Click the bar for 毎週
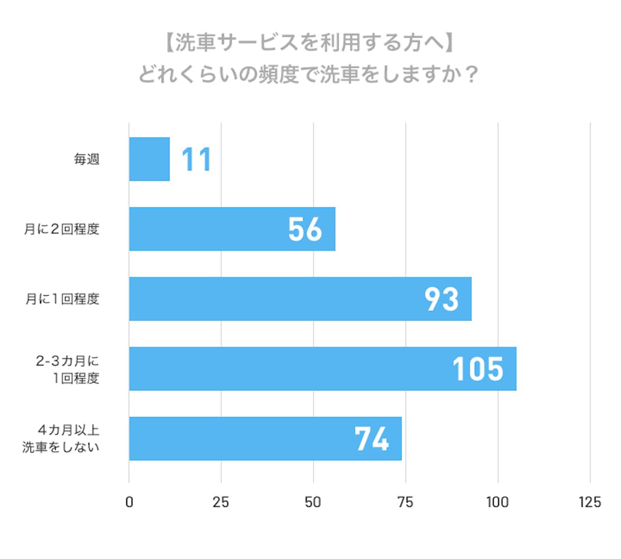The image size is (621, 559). [x=149, y=159]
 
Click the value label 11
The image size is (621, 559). [x=197, y=159]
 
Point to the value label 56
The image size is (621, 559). [x=305, y=229]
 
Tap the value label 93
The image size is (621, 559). [x=441, y=299]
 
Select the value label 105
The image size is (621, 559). [x=478, y=369]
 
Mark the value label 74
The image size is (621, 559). [x=372, y=438]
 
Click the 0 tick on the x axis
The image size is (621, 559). [x=129, y=502]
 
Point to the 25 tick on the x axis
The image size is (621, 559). [x=221, y=502]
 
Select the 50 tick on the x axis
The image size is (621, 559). [x=314, y=502]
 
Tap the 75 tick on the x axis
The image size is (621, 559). [x=406, y=502]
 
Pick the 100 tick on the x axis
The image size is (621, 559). [x=498, y=502]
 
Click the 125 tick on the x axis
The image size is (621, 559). [x=590, y=502]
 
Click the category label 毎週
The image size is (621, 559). [x=86, y=160]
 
